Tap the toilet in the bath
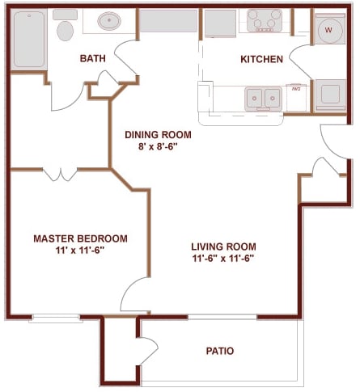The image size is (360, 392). point(65,30)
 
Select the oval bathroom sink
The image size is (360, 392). point(109,21)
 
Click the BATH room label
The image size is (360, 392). point(93,58)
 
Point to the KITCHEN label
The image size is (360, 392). point(261,59)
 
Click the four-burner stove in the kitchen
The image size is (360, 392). point(265,19)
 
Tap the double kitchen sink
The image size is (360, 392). point(263,99)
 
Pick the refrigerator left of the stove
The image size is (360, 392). point(218,23)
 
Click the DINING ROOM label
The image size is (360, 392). point(159,135)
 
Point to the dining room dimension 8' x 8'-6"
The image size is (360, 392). point(159,148)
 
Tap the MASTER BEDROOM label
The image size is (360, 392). point(79,238)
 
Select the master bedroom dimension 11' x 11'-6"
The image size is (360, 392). point(79,251)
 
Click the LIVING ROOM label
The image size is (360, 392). point(223,247)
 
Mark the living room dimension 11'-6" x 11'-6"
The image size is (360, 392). point(223,259)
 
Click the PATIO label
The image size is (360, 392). point(219,351)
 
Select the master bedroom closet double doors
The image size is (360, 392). point(60,174)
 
